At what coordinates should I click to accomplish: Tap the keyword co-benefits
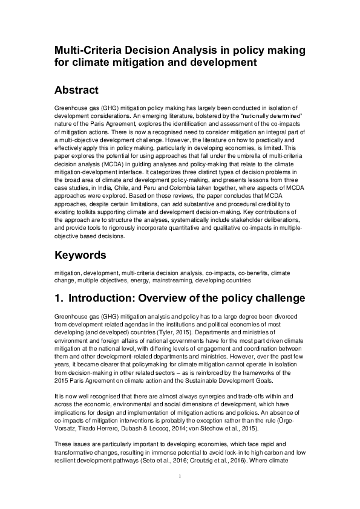pos(240,273)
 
